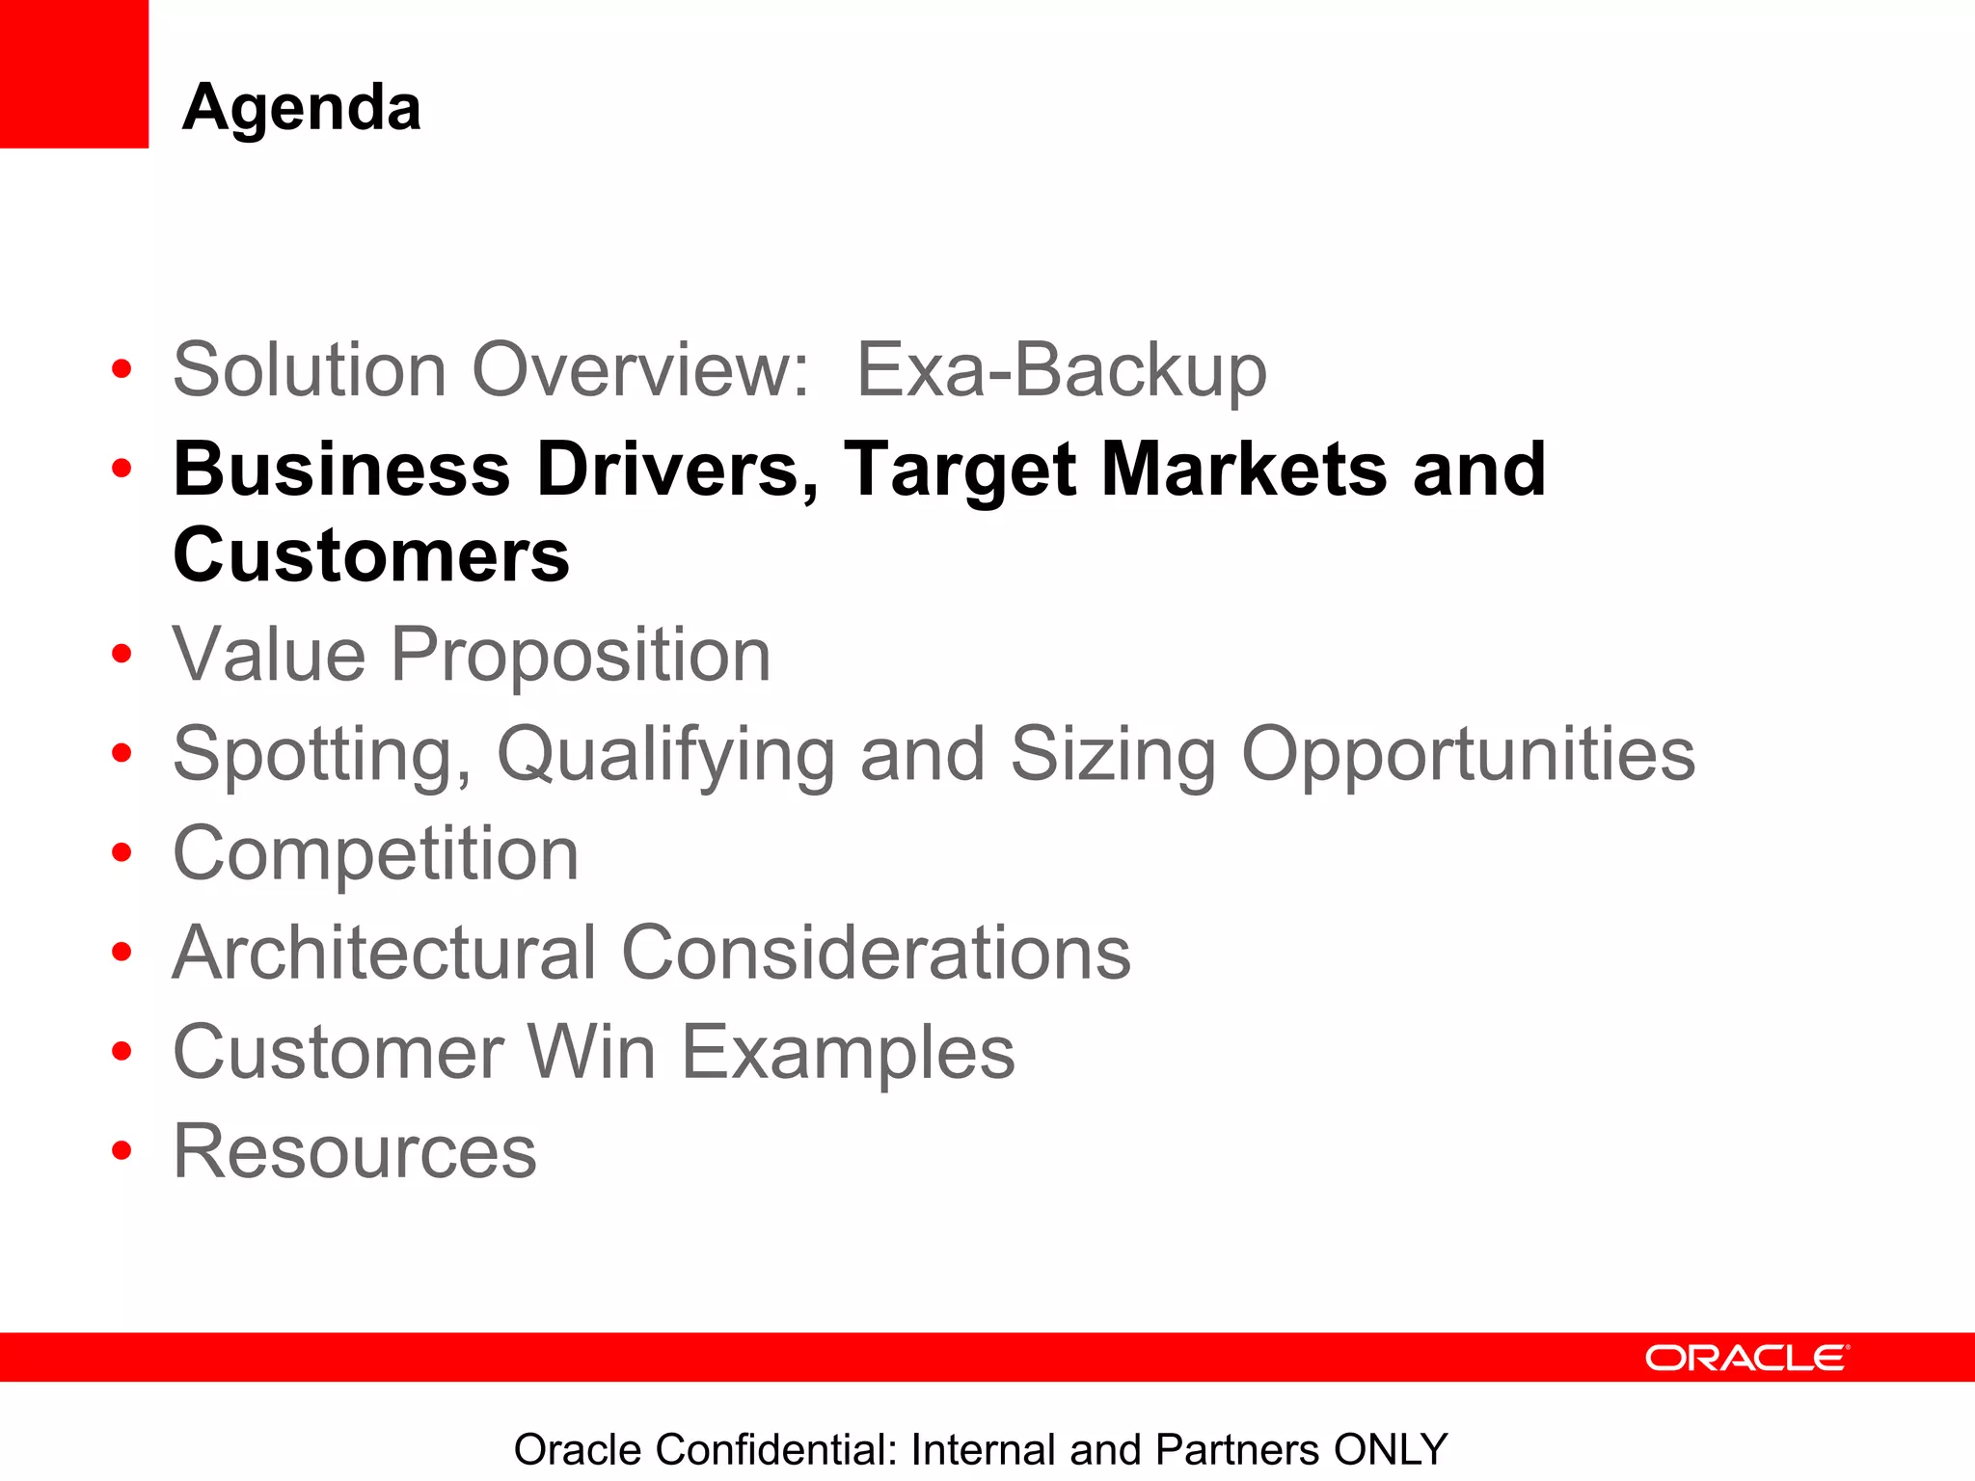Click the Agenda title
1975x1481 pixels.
click(x=301, y=107)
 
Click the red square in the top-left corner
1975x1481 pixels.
click(x=73, y=73)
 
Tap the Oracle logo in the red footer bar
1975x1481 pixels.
click(x=1746, y=1358)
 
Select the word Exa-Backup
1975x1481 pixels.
click(x=1061, y=370)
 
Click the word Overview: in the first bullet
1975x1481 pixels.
click(x=640, y=370)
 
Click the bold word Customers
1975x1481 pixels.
click(x=371, y=556)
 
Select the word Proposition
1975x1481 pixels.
click(x=581, y=656)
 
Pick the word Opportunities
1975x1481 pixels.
click(x=1468, y=755)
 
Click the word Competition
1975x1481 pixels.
click(x=375, y=854)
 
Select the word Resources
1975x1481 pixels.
click(x=354, y=1152)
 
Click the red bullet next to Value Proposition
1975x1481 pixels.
click(x=122, y=656)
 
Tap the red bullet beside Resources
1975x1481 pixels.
click(x=122, y=1151)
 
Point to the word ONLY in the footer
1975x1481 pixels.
click(x=1391, y=1449)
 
